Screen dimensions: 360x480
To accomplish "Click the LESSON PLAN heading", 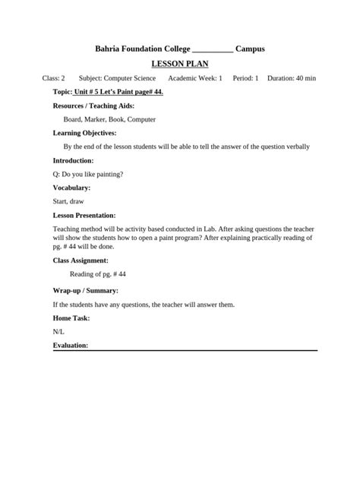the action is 180,64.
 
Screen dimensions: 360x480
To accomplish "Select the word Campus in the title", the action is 250,49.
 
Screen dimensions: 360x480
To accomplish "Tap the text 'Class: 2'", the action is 54,78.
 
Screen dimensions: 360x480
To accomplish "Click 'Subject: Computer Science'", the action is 117,78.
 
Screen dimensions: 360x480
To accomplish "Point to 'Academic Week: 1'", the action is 195,78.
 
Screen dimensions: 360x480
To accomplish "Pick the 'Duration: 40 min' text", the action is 292,78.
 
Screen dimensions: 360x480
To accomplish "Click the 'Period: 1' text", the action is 246,78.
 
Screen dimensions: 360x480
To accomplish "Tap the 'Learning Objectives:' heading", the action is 84,133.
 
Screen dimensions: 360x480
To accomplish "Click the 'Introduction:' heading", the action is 73,160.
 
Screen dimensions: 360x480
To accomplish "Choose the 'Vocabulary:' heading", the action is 71,188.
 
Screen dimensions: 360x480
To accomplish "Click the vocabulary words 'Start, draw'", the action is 68,201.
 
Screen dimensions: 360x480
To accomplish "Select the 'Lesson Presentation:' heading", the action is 84,215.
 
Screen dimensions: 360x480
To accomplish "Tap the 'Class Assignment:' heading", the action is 81,261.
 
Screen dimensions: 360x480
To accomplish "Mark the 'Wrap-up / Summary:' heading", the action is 85,290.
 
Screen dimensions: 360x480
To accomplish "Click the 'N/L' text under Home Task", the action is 58,332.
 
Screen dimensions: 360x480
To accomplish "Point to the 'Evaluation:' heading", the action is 71,346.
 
